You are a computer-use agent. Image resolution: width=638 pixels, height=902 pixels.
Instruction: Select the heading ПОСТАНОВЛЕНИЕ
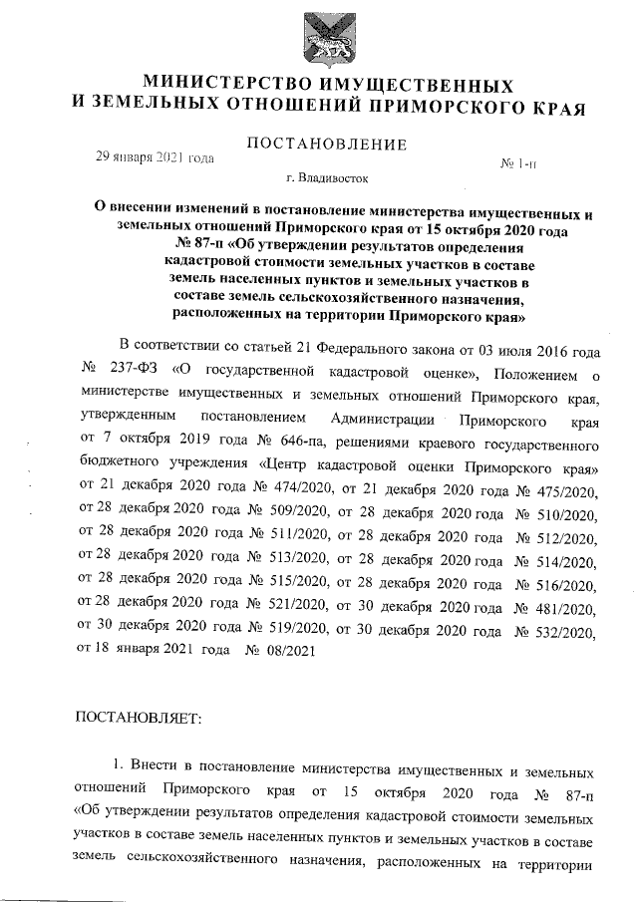[327, 145]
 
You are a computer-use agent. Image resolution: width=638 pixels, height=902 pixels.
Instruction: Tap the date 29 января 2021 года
[155, 157]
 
